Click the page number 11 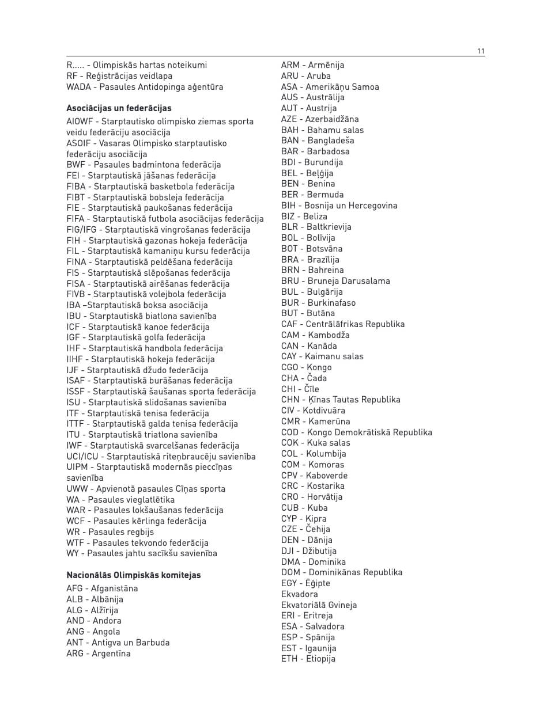click(x=481, y=51)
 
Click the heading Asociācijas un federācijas click(x=119, y=108)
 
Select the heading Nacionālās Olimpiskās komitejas click(x=134, y=575)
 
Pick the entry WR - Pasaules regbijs click(x=110, y=532)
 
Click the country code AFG click(x=75, y=588)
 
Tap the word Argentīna click(x=111, y=654)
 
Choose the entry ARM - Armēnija click(x=312, y=65)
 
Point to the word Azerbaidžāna click(x=332, y=119)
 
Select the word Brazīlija click(x=323, y=260)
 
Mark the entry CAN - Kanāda click(x=309, y=346)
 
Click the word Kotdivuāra click(x=324, y=411)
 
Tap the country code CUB click(x=290, y=508)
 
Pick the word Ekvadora click(x=300, y=594)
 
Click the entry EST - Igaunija click(x=309, y=648)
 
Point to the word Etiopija click(x=320, y=659)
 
